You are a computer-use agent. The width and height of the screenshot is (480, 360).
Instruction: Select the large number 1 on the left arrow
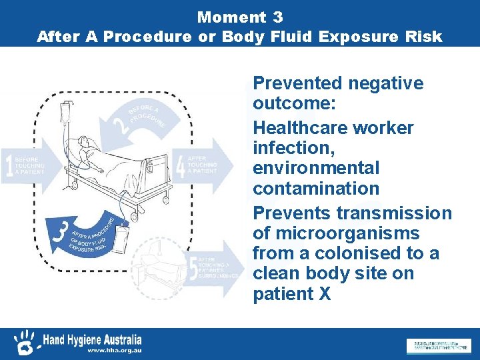(x=9, y=166)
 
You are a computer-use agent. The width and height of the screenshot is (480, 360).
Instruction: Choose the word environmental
(x=315, y=168)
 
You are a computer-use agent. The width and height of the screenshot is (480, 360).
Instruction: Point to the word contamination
(x=315, y=188)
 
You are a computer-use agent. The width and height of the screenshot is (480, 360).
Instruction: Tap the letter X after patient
(x=325, y=293)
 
